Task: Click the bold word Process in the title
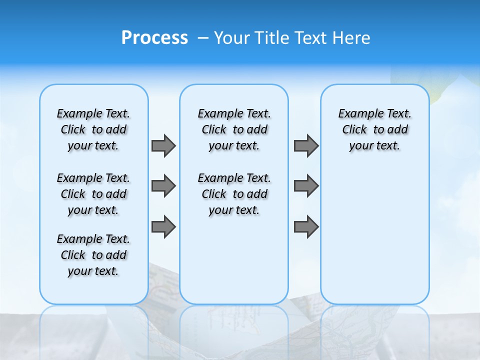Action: pyautogui.click(x=154, y=38)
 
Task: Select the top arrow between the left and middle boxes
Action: pyautogui.click(x=163, y=145)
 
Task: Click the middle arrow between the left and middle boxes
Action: pyautogui.click(x=163, y=186)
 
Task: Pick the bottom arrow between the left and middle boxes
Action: pyautogui.click(x=163, y=227)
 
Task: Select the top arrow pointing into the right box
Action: pyautogui.click(x=306, y=145)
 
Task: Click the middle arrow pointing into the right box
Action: pyautogui.click(x=306, y=186)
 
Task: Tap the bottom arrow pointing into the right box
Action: pyautogui.click(x=306, y=227)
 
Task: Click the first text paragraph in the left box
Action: pyautogui.click(x=93, y=129)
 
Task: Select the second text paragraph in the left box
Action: pyautogui.click(x=93, y=194)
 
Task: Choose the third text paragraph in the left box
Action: pyautogui.click(x=93, y=255)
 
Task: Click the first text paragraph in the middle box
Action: pyautogui.click(x=234, y=129)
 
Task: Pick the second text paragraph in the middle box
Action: pyautogui.click(x=234, y=194)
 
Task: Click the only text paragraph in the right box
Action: pyautogui.click(x=374, y=129)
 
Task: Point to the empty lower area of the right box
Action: pyautogui.click(x=374, y=235)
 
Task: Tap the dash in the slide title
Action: pyautogui.click(x=203, y=38)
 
